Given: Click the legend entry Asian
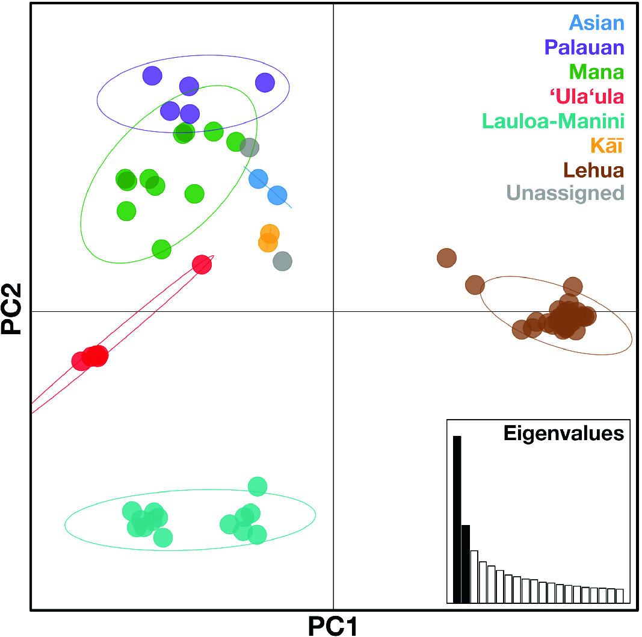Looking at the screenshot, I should (596, 23).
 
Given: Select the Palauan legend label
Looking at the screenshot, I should (584, 48).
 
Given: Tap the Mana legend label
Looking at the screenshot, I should (596, 72).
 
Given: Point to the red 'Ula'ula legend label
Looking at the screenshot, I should (586, 96).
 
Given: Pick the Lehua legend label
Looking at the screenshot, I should (593, 170).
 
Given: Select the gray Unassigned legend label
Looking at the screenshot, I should (564, 194).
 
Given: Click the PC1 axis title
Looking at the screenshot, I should (333, 626).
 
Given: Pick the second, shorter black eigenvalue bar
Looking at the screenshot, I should (465, 564).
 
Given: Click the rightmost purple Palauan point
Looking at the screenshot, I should (265, 82).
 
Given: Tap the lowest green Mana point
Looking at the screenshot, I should (161, 248).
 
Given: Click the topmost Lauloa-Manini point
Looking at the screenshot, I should (257, 485).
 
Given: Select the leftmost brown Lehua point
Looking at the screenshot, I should (446, 258).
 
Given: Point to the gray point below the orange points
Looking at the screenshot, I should (282, 261).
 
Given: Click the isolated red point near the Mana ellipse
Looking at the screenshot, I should (202, 264).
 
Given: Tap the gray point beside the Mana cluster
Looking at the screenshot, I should (249, 146).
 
